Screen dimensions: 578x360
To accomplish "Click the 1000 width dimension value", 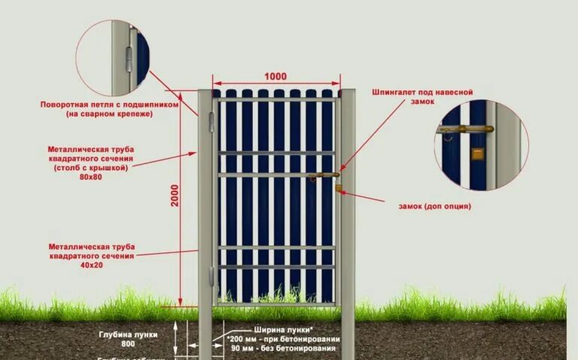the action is [275, 77].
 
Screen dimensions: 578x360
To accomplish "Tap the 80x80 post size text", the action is [90, 177].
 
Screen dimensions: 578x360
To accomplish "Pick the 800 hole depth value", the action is [127, 343].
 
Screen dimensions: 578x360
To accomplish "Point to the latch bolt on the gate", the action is [324, 178].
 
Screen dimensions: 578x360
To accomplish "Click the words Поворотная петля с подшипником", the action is [109, 105].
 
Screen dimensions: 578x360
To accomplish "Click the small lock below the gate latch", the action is [339, 188].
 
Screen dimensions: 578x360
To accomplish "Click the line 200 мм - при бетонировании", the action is [282, 340].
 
